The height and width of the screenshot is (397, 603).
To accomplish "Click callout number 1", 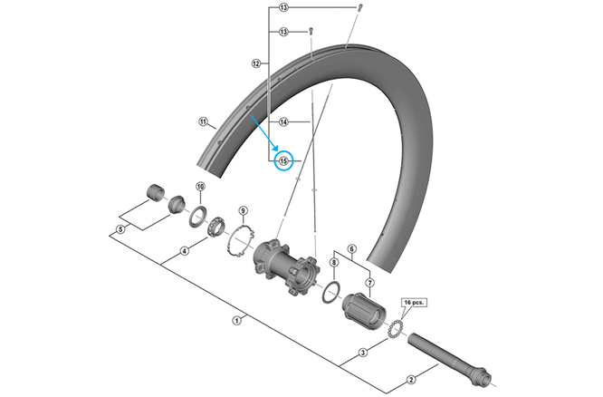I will coord(237,319).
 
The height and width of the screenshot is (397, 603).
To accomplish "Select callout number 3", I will coord(362,353).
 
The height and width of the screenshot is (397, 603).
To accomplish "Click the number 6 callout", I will coord(352,247).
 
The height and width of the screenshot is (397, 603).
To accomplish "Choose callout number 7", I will coord(368,283).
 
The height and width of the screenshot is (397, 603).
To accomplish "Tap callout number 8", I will coord(333,263).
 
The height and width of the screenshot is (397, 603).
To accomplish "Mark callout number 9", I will coord(243,212).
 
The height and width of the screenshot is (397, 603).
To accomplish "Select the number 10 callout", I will coord(200,187).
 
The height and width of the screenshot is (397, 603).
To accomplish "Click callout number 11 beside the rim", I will coord(203,121).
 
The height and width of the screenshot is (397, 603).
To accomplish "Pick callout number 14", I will coord(283,121).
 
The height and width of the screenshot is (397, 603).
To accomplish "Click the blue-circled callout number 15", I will coord(283,161).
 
